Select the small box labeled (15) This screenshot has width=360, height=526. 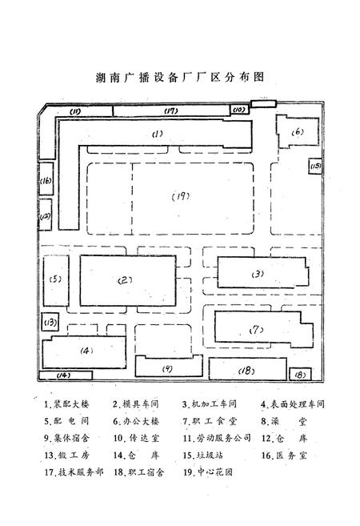315,166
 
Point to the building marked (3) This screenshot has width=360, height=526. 257,274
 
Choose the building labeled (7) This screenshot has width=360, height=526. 258,329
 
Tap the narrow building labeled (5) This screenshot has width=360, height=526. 55,279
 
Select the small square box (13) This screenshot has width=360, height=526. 50,323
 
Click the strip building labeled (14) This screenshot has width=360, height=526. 63,375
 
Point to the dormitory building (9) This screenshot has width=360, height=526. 167,367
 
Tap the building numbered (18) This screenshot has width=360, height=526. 246,370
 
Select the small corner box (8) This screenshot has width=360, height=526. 299,373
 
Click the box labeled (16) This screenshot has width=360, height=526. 46,182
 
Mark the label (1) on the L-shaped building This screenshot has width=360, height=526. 158,134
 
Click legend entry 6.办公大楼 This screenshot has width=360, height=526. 136,420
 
